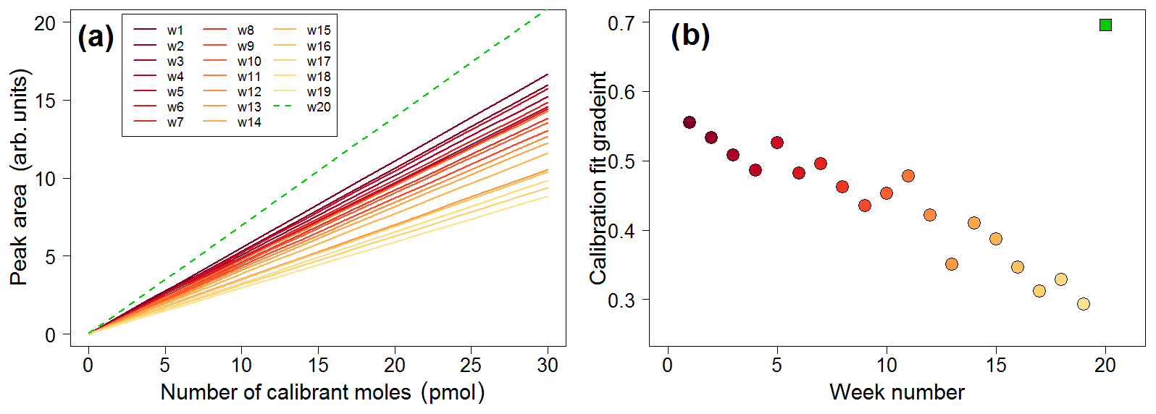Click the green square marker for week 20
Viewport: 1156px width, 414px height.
tap(1105, 25)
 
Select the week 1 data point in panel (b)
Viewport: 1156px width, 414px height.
tap(690, 122)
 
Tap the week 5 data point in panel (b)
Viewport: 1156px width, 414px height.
tap(777, 143)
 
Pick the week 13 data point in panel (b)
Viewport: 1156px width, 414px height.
tap(952, 264)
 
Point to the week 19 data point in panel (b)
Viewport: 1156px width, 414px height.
tap(1084, 304)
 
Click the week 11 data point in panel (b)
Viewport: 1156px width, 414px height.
tap(908, 176)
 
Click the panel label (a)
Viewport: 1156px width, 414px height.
tap(96, 36)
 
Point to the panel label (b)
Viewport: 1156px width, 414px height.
tap(690, 35)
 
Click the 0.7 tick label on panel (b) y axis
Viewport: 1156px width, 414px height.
tap(621, 23)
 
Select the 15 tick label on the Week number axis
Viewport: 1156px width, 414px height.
tap(996, 365)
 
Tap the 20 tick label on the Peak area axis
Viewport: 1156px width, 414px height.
tap(45, 23)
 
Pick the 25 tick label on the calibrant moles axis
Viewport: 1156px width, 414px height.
tap(471, 365)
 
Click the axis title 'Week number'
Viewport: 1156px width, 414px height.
tap(897, 392)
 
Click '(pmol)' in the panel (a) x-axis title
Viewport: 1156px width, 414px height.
tap(456, 392)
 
